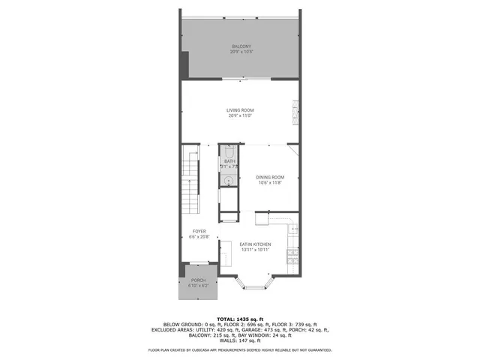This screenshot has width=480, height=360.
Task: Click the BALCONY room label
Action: click(x=240, y=46)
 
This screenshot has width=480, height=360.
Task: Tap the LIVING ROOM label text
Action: click(x=240, y=110)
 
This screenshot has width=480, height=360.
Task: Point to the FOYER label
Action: click(x=199, y=231)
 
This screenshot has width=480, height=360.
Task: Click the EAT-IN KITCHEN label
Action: click(x=255, y=244)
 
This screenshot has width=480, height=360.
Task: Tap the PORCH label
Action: click(x=199, y=281)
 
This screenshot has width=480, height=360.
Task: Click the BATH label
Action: click(x=229, y=160)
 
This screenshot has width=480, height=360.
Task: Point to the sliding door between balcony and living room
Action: click(x=240, y=79)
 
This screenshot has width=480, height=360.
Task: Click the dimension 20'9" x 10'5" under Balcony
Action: click(x=240, y=52)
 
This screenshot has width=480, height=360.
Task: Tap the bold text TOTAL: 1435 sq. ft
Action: click(x=240, y=319)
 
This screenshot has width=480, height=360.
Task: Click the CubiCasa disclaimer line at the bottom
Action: click(x=240, y=349)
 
